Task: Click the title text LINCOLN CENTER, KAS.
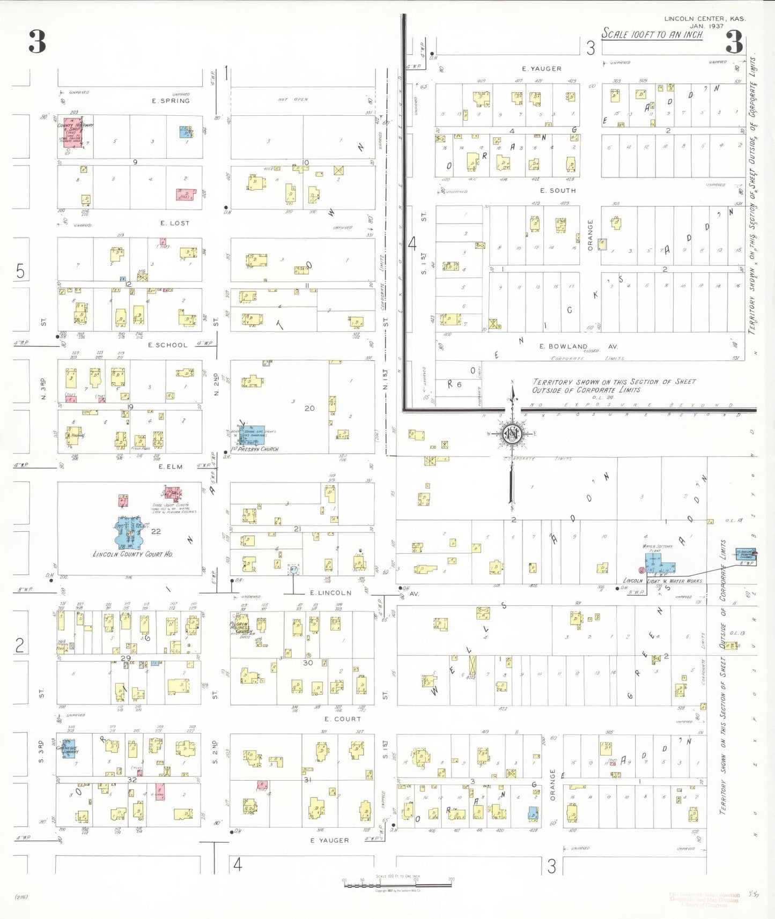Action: point(705,18)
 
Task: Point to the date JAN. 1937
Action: point(707,26)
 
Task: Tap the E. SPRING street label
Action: point(171,101)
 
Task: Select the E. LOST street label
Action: point(175,223)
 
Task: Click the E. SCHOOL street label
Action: point(168,345)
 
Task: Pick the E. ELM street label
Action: point(171,466)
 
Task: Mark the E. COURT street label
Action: point(343,719)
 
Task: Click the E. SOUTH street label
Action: point(558,190)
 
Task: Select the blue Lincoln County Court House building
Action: point(129,532)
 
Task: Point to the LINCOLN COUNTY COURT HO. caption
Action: point(132,554)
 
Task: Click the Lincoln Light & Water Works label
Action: point(663,581)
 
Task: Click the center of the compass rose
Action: point(512,433)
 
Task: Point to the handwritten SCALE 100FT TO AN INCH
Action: point(652,34)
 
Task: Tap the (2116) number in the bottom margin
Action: point(21,896)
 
